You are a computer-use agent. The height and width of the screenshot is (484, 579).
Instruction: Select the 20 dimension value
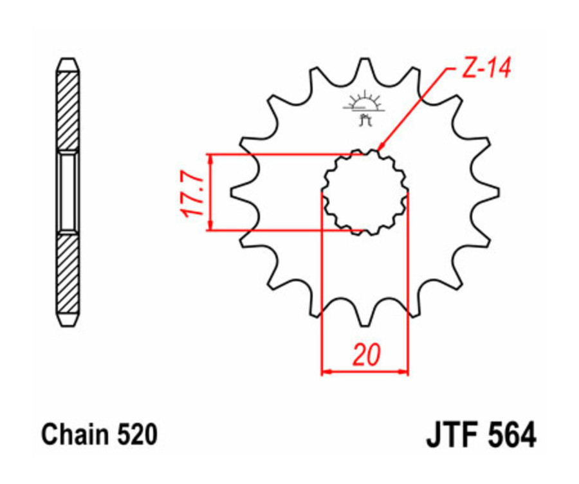click(365, 355)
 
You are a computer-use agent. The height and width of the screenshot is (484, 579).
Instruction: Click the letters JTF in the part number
click(452, 435)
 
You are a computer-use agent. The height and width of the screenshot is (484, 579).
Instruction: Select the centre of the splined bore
click(365, 192)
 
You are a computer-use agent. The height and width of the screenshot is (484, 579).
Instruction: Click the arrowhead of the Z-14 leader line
click(381, 148)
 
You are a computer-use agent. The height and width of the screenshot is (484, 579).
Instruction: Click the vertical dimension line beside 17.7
click(210, 192)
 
